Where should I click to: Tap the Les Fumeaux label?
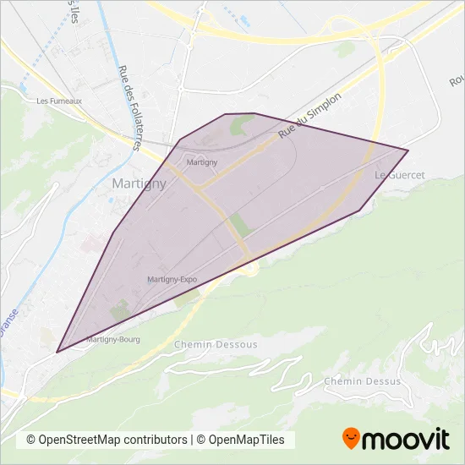(59, 101)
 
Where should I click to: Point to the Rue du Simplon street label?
(309, 117)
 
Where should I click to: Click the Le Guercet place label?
(399, 175)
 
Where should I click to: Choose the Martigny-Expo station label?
(172, 279)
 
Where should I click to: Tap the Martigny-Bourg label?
(112, 339)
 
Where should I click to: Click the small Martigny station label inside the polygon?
(202, 161)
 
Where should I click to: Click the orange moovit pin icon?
(352, 438)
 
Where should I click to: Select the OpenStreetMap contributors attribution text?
(107, 440)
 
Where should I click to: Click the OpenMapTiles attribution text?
(243, 440)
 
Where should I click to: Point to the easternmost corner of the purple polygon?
(408, 150)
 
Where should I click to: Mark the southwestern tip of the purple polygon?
(57, 352)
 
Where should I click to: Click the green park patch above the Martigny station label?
(240, 128)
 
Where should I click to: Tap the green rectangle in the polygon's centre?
(241, 226)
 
